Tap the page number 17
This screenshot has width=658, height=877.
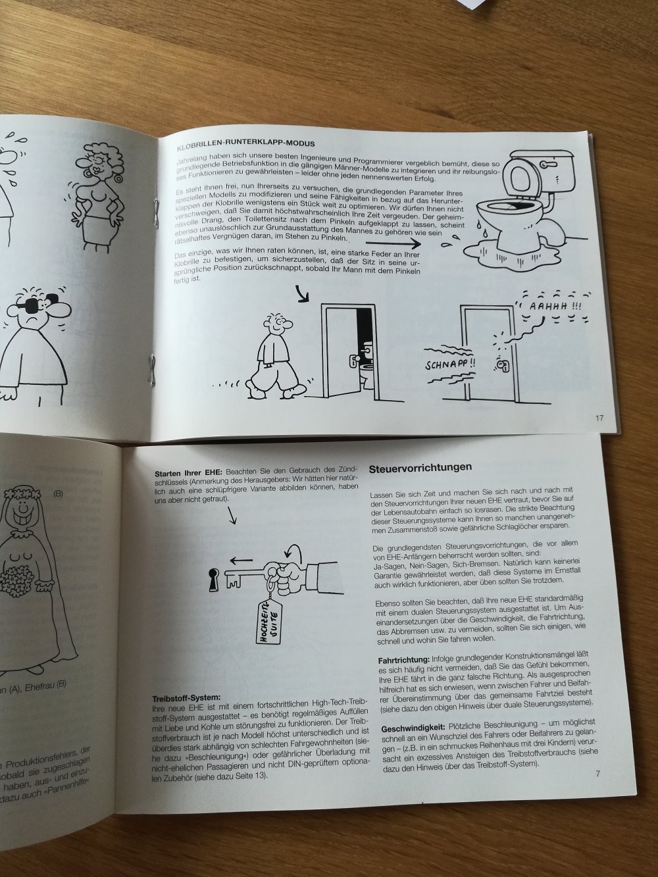(x=598, y=417)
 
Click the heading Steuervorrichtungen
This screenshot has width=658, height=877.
(x=420, y=468)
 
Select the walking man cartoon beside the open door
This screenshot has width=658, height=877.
(x=270, y=355)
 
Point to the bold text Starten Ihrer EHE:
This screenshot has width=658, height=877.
(x=188, y=473)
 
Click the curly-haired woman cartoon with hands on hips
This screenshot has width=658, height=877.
(x=96, y=184)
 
